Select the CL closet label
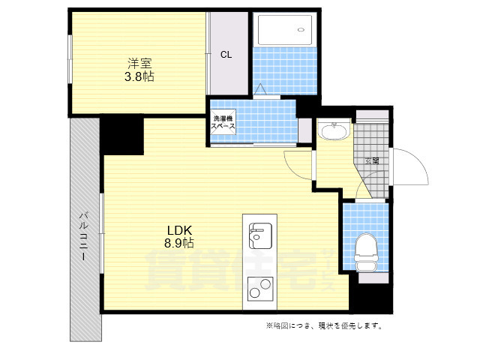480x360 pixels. point(226,54)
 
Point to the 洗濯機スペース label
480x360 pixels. point(223,123)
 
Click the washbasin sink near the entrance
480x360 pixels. point(332,132)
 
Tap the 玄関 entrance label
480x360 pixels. point(373,160)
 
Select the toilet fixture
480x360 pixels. point(367,250)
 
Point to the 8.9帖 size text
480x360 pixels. point(179,243)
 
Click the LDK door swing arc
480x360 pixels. point(297,163)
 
